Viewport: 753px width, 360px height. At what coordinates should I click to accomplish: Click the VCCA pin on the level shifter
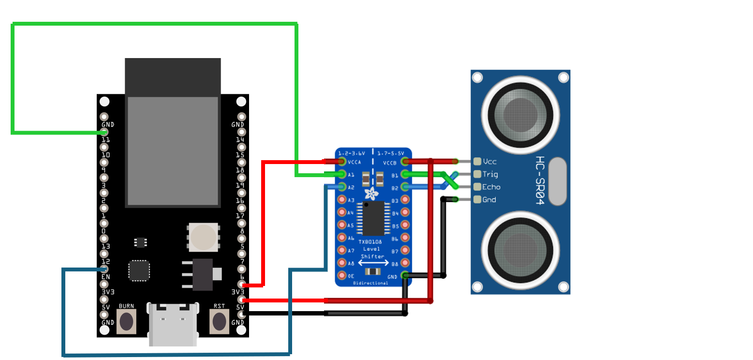(x=342, y=162)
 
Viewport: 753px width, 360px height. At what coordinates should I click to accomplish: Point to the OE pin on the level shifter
(x=342, y=275)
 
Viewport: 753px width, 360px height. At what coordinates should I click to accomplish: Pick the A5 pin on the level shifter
(x=342, y=225)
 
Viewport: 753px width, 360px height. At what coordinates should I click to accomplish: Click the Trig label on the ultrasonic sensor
(x=490, y=174)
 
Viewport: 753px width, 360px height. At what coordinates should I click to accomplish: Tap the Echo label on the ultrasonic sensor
(x=491, y=187)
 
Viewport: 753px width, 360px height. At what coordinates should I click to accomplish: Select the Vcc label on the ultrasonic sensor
(x=489, y=162)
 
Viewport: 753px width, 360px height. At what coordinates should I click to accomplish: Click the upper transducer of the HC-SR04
(x=520, y=115)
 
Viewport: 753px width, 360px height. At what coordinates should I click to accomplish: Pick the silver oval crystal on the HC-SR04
(x=557, y=180)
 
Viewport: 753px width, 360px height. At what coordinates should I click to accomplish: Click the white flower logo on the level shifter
(x=372, y=194)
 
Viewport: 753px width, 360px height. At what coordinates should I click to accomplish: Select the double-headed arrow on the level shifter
(x=373, y=263)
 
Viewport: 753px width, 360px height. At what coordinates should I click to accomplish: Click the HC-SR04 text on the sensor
(x=541, y=180)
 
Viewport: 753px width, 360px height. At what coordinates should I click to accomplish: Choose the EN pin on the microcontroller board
(x=104, y=284)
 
